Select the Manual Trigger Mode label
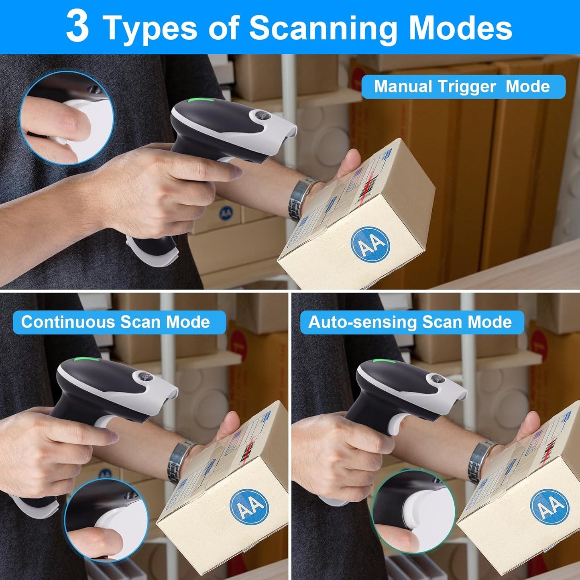(463, 87)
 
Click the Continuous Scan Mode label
(116, 322)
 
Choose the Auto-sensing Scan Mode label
(410, 322)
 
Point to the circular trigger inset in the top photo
(67, 118)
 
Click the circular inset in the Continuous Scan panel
(106, 520)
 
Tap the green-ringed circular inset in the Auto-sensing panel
(413, 511)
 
